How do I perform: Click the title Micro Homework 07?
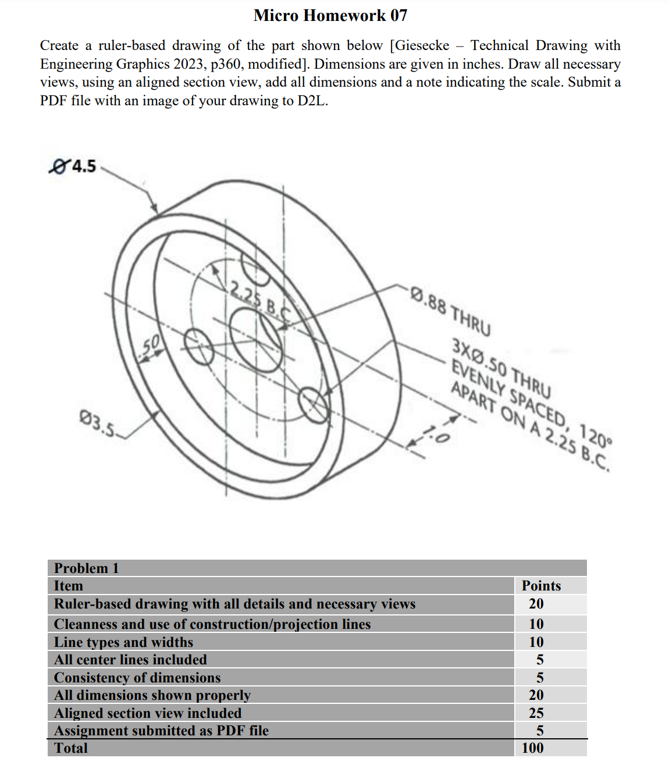330,16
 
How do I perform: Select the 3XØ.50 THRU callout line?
501,367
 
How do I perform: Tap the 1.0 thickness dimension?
435,434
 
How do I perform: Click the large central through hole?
257,340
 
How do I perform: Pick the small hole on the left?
199,347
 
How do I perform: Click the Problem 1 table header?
86,568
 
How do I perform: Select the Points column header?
541,586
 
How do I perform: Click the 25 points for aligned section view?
536,713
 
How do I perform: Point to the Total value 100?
532,748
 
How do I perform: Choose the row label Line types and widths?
123,642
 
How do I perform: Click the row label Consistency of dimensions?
137,678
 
